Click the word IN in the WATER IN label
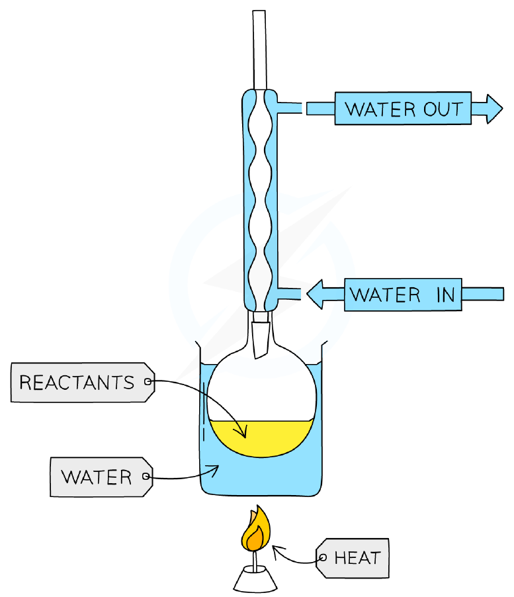pyautogui.click(x=445, y=295)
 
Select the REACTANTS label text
pyautogui.click(x=77, y=383)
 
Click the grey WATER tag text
pyautogui.click(x=97, y=477)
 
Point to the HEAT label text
pyautogui.click(x=357, y=558)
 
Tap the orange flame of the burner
pyautogui.click(x=255, y=529)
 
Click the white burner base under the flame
pyautogui.click(x=255, y=578)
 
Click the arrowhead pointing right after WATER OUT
pyautogui.click(x=494, y=109)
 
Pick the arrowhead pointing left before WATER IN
pyautogui.click(x=315, y=295)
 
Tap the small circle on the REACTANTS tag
pyautogui.click(x=148, y=381)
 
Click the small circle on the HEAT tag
pyautogui.click(x=323, y=558)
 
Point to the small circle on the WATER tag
pyautogui.click(x=146, y=477)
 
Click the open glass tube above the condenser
pyautogui.click(x=259, y=50)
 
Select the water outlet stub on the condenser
pyautogui.click(x=289, y=108)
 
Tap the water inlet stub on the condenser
pyautogui.click(x=289, y=294)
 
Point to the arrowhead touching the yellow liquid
pyautogui.click(x=241, y=432)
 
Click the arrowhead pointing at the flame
pyautogui.click(x=278, y=550)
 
